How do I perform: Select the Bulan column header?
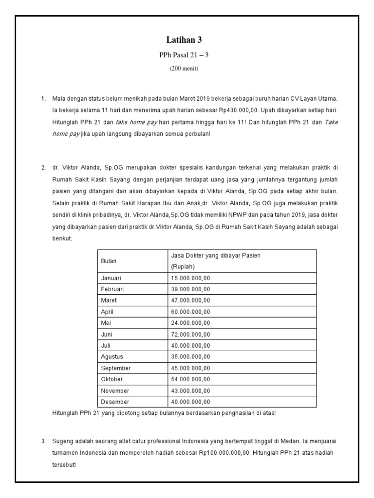(x=109, y=261)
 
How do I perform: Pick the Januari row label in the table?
(x=111, y=278)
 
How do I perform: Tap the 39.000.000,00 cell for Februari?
(x=190, y=289)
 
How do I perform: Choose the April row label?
(x=107, y=312)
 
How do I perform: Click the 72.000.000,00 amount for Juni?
(x=190, y=334)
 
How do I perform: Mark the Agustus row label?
(x=112, y=356)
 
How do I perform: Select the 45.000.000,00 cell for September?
(x=190, y=368)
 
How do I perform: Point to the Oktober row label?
(x=112, y=379)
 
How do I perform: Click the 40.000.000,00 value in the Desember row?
(x=190, y=402)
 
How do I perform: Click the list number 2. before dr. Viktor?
(x=43, y=167)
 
